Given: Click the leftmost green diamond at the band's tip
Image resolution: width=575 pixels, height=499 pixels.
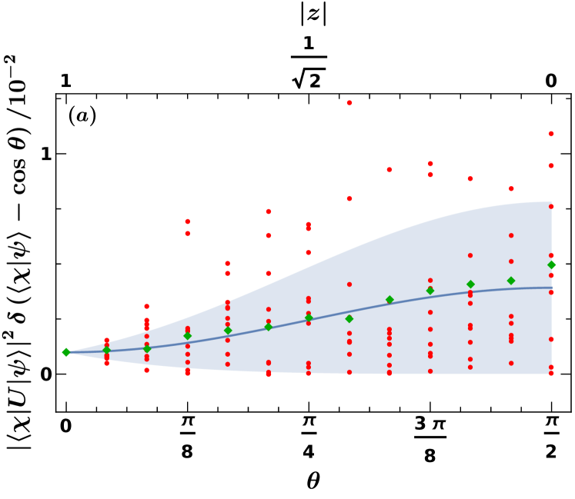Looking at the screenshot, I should [x=66, y=352].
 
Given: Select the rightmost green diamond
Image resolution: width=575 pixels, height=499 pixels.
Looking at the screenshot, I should [x=551, y=264].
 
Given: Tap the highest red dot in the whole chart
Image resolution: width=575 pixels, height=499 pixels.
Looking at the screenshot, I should [x=349, y=103].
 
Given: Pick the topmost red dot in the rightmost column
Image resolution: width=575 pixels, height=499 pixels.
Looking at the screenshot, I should [x=551, y=134].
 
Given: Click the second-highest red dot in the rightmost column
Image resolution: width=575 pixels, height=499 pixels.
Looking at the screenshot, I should [x=551, y=165].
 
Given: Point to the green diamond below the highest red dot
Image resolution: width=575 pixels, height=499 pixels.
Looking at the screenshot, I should [x=349, y=318].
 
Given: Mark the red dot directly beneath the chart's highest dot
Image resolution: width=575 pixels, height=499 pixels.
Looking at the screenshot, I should [x=349, y=198].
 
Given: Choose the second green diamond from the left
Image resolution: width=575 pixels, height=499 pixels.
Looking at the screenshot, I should [x=106, y=350].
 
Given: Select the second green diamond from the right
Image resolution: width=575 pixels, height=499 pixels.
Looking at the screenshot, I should [x=511, y=281].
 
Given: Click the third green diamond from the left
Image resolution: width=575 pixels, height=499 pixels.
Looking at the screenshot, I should [x=147, y=349].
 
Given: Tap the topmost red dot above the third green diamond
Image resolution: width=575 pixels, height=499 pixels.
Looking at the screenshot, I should [x=147, y=307].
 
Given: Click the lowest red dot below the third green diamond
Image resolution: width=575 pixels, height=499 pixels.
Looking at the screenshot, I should [x=147, y=371].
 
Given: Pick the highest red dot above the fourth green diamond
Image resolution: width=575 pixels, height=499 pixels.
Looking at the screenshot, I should [x=187, y=221].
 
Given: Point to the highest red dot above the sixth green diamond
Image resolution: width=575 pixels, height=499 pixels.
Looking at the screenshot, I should [x=269, y=211].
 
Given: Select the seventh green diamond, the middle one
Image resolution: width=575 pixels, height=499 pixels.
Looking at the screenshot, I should [x=309, y=317].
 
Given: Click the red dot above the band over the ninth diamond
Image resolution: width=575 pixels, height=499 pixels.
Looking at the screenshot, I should [x=389, y=170].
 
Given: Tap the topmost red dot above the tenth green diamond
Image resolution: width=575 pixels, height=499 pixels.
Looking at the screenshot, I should [x=430, y=164].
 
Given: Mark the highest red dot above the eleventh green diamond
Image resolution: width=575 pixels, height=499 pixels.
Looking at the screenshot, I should [x=470, y=178].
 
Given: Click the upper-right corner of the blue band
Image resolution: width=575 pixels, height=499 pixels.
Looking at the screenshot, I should [x=551, y=202].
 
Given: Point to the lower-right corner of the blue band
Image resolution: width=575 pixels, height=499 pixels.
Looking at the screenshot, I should [x=551, y=374].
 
